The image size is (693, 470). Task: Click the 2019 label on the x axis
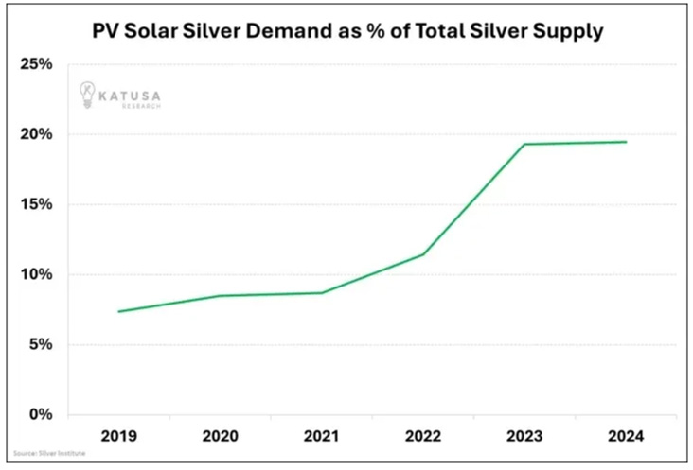pos(120,437)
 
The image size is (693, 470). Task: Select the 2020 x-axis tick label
pos(221,437)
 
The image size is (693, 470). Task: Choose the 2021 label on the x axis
pos(322,437)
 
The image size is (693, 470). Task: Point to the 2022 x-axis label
pos(422,437)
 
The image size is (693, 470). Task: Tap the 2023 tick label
pos(524,437)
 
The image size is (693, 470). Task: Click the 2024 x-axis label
pos(625,437)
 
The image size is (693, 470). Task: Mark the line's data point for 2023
pos(524,145)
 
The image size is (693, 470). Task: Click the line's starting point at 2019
pos(120,311)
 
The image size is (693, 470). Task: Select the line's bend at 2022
pos(422,254)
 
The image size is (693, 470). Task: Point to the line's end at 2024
pos(626,142)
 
